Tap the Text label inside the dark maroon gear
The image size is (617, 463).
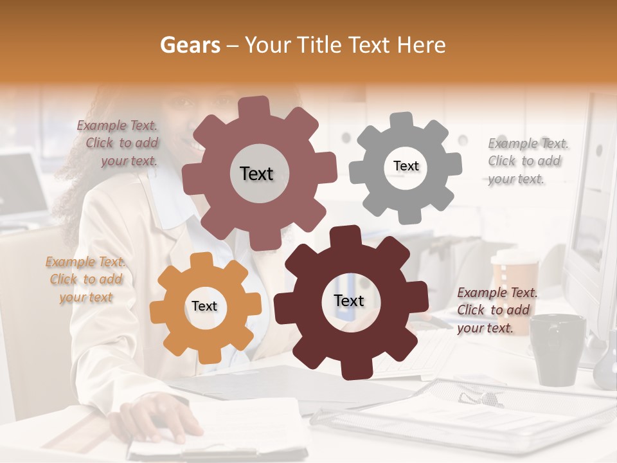coord(349,301)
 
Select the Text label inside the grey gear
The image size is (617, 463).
coord(406,166)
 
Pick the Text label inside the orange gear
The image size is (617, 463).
coord(204,307)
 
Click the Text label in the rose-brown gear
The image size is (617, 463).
coord(256,174)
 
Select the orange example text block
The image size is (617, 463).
coord(85,279)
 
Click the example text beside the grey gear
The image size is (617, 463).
coord(527,161)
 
